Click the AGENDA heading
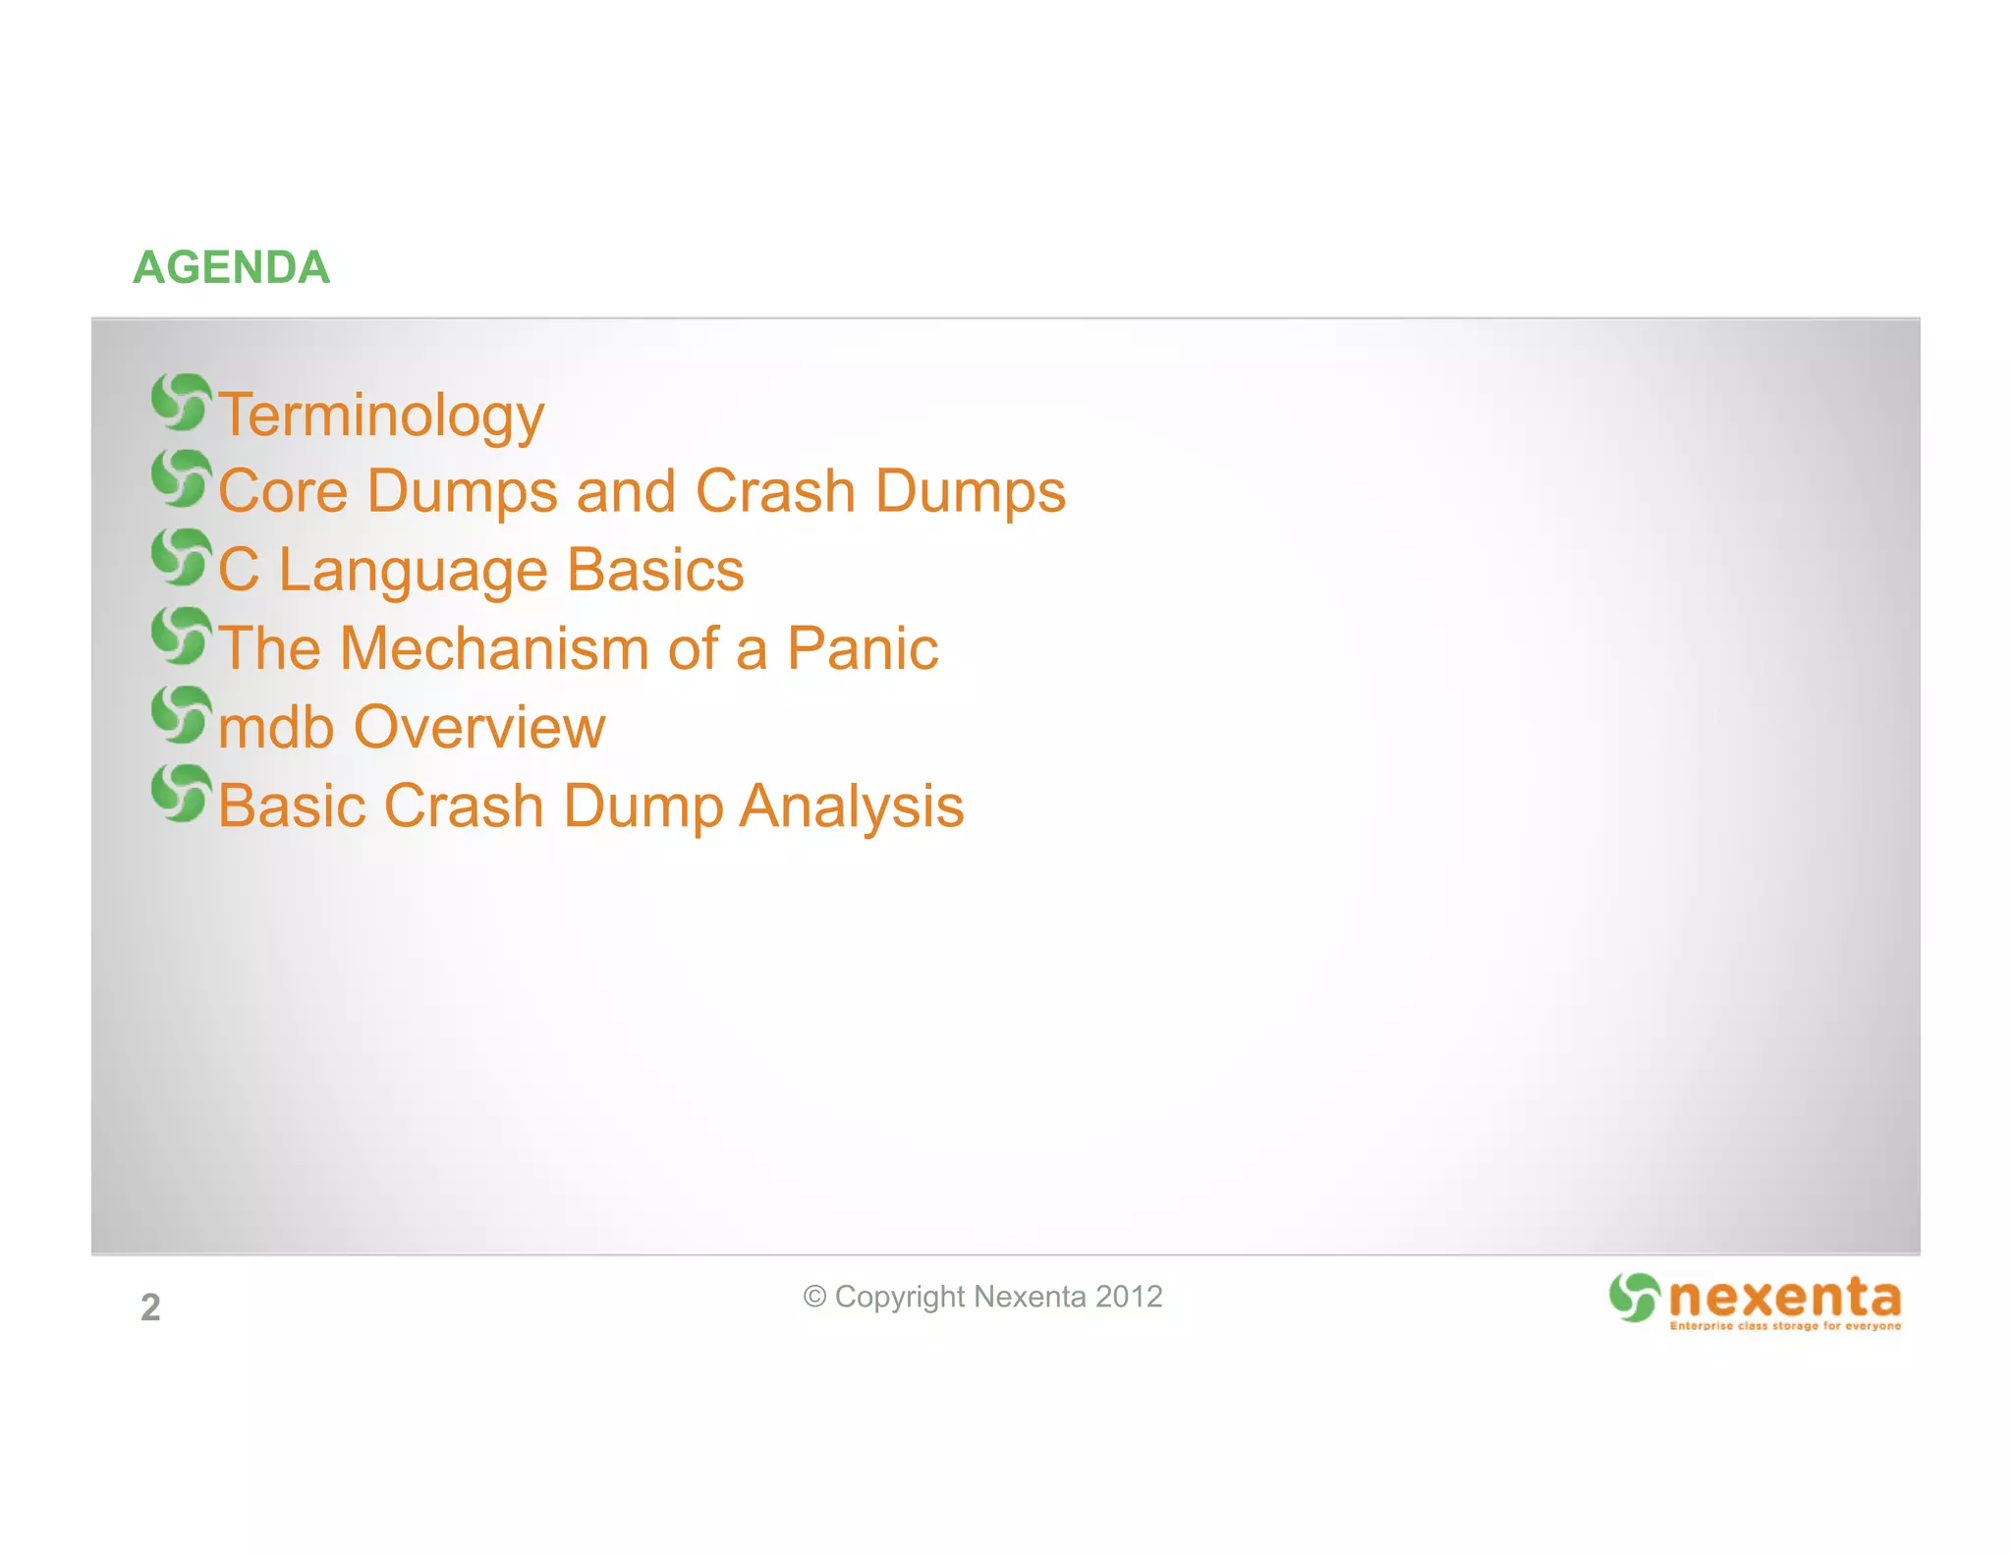pyautogui.click(x=232, y=268)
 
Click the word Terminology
pyautogui.click(x=381, y=416)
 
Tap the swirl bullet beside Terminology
pyautogui.click(x=181, y=402)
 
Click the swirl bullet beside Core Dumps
pyautogui.click(x=181, y=478)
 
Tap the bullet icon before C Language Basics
pyautogui.click(x=181, y=557)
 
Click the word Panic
pyautogui.click(x=862, y=648)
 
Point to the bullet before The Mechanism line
pyautogui.click(x=181, y=635)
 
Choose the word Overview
pyautogui.click(x=478, y=728)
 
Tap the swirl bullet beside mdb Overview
pyautogui.click(x=181, y=714)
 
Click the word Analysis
pyautogui.click(x=851, y=806)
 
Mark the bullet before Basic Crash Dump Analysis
pyautogui.click(x=181, y=793)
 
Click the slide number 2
pyautogui.click(x=150, y=1307)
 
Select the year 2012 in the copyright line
pyautogui.click(x=1129, y=1297)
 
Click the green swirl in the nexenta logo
pyautogui.click(x=1634, y=1297)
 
